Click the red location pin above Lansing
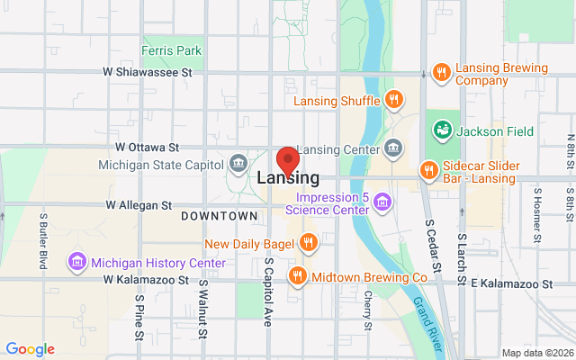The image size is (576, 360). (287, 159)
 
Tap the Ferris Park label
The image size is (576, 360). (172, 50)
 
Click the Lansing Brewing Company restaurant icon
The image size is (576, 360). (441, 73)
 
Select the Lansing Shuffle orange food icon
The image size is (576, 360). (393, 100)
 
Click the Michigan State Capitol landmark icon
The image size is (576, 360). (238, 163)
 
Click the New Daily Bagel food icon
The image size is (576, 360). (308, 242)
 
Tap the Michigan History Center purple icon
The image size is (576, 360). (77, 262)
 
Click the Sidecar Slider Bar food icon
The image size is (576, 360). (428, 170)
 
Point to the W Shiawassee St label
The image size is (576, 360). (148, 72)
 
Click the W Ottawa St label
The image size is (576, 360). (148, 146)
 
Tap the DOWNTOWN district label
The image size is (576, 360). (219, 217)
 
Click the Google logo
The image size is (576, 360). (30, 349)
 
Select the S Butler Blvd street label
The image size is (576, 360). (42, 239)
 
